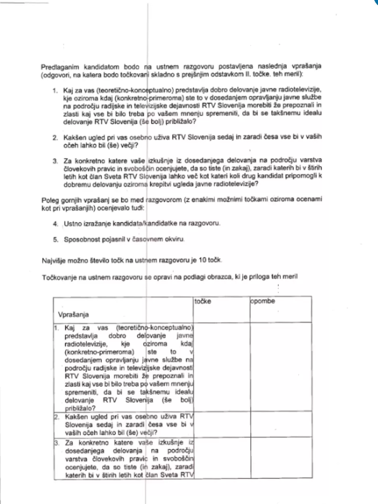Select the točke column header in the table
point(203,301)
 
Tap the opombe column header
point(263,301)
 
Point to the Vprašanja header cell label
point(74,315)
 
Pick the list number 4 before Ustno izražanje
point(57,223)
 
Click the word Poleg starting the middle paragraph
point(49,199)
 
